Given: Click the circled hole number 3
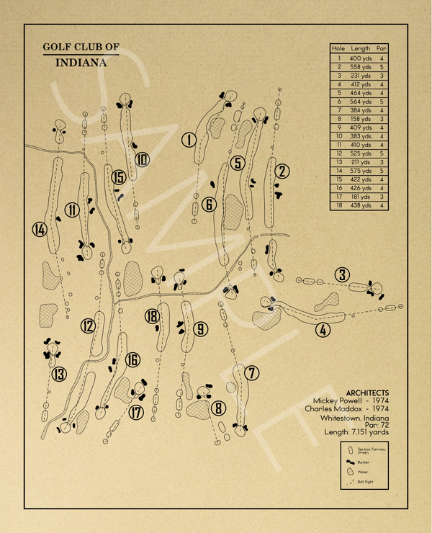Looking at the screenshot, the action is [x=342, y=274].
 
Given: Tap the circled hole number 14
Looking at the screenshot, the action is [x=40, y=230].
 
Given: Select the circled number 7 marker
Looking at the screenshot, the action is [x=251, y=373].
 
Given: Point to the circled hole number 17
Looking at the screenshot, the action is [x=137, y=413].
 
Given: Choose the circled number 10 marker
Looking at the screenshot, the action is [x=142, y=159].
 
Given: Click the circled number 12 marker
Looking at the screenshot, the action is [x=88, y=326].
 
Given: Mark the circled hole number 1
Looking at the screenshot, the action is [x=189, y=140].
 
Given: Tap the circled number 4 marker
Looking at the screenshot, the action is [x=322, y=331].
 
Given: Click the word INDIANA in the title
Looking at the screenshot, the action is [x=81, y=63].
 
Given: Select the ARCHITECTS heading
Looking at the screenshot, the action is [x=367, y=392].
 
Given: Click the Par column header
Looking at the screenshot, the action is [x=382, y=48].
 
